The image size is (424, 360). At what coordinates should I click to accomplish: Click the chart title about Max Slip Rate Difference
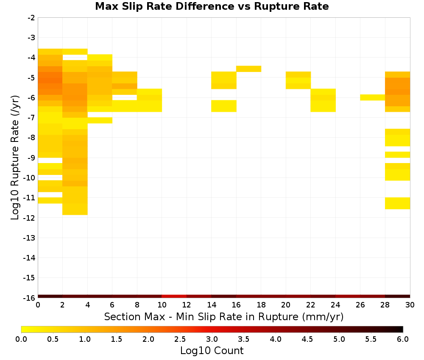click(212, 6)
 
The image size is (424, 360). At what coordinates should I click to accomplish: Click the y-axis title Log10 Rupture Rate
click(15, 158)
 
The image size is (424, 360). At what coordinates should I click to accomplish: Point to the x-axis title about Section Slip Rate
click(223, 316)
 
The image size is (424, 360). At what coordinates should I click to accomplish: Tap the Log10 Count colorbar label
click(212, 351)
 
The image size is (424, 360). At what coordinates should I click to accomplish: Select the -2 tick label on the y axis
click(31, 18)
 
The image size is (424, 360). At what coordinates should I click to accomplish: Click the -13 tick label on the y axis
click(30, 238)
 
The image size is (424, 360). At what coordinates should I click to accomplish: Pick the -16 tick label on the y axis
click(30, 298)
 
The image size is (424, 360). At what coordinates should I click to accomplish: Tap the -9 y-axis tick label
click(31, 158)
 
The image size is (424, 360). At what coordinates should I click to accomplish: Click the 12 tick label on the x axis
click(187, 305)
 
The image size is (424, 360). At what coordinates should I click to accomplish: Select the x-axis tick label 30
click(410, 305)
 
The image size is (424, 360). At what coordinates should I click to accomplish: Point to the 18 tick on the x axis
click(261, 305)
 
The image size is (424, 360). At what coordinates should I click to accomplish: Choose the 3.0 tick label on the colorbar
click(212, 339)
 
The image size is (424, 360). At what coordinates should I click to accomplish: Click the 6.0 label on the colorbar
click(403, 339)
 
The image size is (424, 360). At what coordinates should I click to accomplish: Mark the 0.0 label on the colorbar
click(21, 339)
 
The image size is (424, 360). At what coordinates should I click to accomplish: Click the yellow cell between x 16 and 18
click(248, 69)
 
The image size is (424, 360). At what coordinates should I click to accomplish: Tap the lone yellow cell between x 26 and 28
click(372, 97)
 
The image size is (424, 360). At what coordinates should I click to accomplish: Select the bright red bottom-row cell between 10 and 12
click(174, 296)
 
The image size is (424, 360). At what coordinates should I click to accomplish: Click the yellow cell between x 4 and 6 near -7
click(100, 120)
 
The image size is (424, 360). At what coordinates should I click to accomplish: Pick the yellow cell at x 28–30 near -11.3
click(398, 203)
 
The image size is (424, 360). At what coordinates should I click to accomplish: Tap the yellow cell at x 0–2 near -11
click(50, 200)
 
